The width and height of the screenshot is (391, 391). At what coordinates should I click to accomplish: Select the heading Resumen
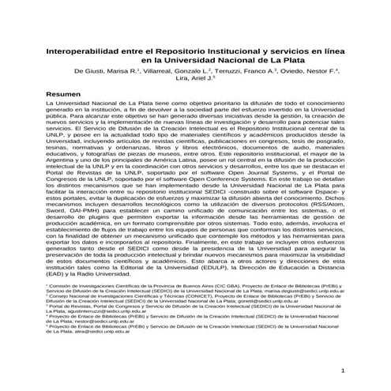63,93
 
